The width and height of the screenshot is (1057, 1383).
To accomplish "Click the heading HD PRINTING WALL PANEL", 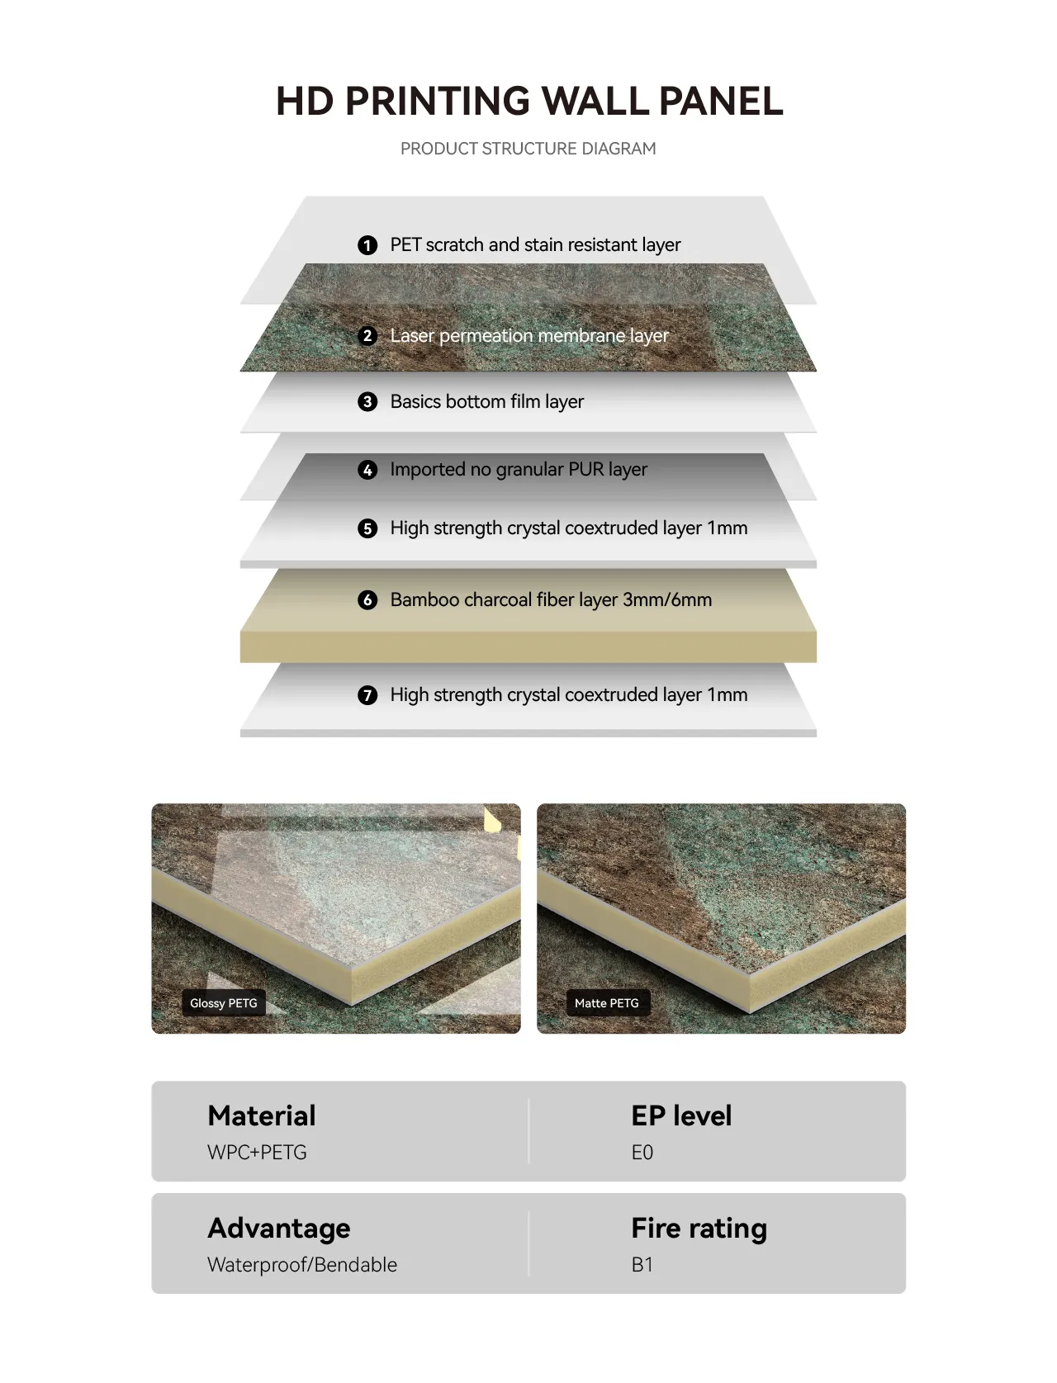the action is click(x=529, y=101).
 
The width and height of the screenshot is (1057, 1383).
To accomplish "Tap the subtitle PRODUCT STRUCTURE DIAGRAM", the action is click(x=528, y=149).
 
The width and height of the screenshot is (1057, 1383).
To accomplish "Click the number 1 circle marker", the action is click(x=367, y=245).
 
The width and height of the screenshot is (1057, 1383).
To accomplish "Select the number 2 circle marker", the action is click(x=367, y=336).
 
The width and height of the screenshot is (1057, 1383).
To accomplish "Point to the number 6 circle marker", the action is click(x=367, y=599).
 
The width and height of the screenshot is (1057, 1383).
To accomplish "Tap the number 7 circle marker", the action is click(x=367, y=695).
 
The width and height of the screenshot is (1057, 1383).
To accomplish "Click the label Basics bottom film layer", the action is click(x=487, y=401).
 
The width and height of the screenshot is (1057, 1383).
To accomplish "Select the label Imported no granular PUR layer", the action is click(x=519, y=470).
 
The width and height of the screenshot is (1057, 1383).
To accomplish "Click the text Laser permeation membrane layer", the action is click(x=529, y=336).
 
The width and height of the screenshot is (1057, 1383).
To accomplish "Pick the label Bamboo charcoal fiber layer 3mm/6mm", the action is click(x=551, y=599).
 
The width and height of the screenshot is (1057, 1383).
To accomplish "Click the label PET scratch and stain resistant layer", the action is click(x=535, y=245).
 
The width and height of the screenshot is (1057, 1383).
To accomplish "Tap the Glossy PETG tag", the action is click(x=224, y=1003).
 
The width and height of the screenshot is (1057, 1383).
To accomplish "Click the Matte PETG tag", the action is click(x=607, y=1003).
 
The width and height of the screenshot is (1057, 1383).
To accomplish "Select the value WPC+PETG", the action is click(x=257, y=1153).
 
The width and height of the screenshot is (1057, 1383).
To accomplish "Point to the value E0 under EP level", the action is click(x=642, y=1153).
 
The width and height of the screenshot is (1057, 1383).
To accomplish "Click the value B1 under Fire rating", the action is click(x=642, y=1265).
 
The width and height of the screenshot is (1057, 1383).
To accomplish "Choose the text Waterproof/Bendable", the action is click(x=302, y=1265).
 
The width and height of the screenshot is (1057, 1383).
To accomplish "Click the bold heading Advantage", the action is click(x=279, y=1228).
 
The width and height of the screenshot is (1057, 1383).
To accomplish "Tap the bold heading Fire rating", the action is click(x=699, y=1228).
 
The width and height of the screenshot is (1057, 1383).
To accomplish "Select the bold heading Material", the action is click(x=262, y=1115).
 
